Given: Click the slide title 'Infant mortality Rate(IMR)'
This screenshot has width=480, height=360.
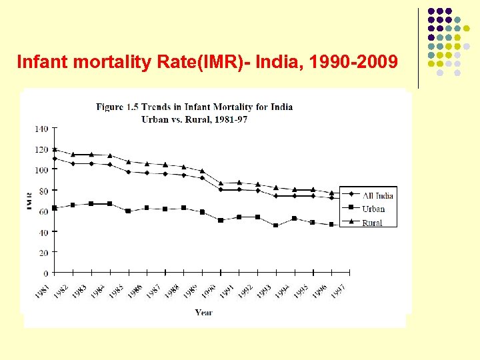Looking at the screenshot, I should point(207,63).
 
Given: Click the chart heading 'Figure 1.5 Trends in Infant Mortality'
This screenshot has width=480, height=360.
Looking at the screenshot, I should point(195,107).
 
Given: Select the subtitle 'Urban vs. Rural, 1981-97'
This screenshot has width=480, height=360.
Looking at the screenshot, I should point(195,119).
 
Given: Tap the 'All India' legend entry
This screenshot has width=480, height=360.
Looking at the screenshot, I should point(377,195).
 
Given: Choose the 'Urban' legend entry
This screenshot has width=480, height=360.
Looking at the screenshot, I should point(373,209).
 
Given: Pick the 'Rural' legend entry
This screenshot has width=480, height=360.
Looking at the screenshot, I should point(372,223).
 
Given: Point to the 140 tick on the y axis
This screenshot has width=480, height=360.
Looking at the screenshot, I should point(41,128).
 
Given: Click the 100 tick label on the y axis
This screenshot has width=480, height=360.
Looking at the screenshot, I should point(41,170).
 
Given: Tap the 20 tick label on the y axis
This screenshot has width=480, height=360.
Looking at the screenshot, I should point(43,253).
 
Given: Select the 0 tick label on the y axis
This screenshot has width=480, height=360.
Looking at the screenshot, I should point(45,273).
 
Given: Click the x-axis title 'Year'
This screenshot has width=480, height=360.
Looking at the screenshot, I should point(204,312).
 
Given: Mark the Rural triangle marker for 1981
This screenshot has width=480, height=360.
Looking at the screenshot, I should point(55,149).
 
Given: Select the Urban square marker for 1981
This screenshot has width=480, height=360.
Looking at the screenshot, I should point(55,208).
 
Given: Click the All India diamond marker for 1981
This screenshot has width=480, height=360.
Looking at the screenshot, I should point(55,159).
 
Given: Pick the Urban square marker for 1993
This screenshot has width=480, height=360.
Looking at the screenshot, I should point(276,225).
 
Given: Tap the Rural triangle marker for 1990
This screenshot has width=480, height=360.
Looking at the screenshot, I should point(221,183).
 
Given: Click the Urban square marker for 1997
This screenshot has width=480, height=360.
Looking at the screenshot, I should point(349,225).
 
